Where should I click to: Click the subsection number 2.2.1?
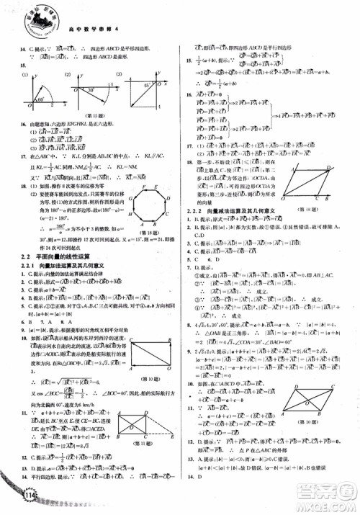pyautogui.click(x=32, y=266)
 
